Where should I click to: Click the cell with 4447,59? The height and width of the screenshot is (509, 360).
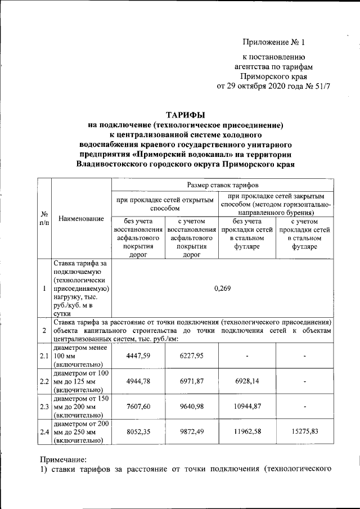(138, 355)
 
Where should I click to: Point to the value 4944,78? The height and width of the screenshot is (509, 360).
(138, 381)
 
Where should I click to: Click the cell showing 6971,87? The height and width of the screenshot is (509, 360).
(191, 381)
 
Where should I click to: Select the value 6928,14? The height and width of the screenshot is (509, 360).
(247, 381)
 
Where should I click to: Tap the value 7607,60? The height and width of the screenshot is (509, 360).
(138, 407)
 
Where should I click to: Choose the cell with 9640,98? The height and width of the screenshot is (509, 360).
(191, 407)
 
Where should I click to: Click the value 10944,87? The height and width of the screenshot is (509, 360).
(247, 407)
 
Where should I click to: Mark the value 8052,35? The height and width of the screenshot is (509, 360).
(138, 432)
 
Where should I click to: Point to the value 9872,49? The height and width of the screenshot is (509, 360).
(191, 432)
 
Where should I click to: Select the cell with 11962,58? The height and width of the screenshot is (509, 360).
(247, 432)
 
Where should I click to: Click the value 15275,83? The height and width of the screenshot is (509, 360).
(305, 432)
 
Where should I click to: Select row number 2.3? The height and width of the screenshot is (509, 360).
(44, 407)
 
